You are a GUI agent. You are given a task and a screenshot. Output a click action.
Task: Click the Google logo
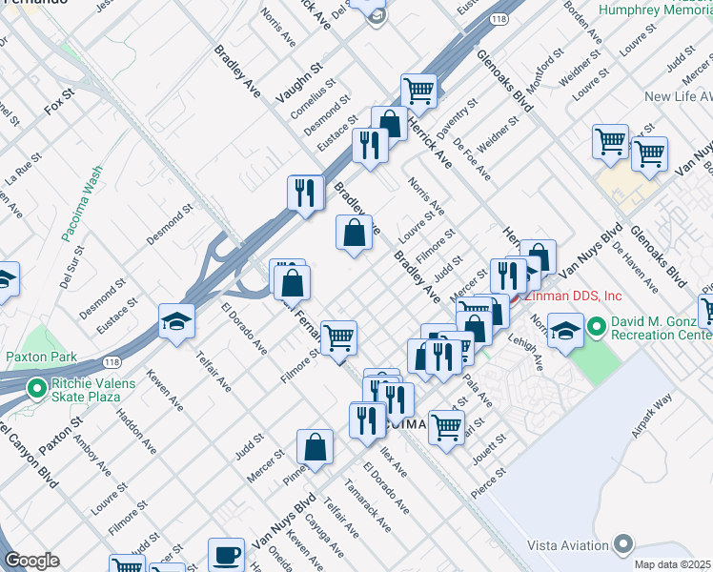31,561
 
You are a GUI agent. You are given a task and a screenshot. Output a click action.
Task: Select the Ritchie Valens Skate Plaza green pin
36,388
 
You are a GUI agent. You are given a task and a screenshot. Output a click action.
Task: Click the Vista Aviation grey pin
623,544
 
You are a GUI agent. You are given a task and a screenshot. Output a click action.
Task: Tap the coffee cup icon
227,554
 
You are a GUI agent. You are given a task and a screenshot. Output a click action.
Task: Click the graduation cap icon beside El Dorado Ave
177,323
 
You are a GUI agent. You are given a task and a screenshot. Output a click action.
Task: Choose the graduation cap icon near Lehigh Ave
566,332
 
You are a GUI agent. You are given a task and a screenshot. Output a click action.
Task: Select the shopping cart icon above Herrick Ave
418,92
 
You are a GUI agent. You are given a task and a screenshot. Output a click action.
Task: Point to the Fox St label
59,103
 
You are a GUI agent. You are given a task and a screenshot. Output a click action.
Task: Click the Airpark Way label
652,415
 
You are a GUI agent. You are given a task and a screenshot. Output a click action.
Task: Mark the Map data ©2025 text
672,564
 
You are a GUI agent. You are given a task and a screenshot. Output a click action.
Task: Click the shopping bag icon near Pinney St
315,446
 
